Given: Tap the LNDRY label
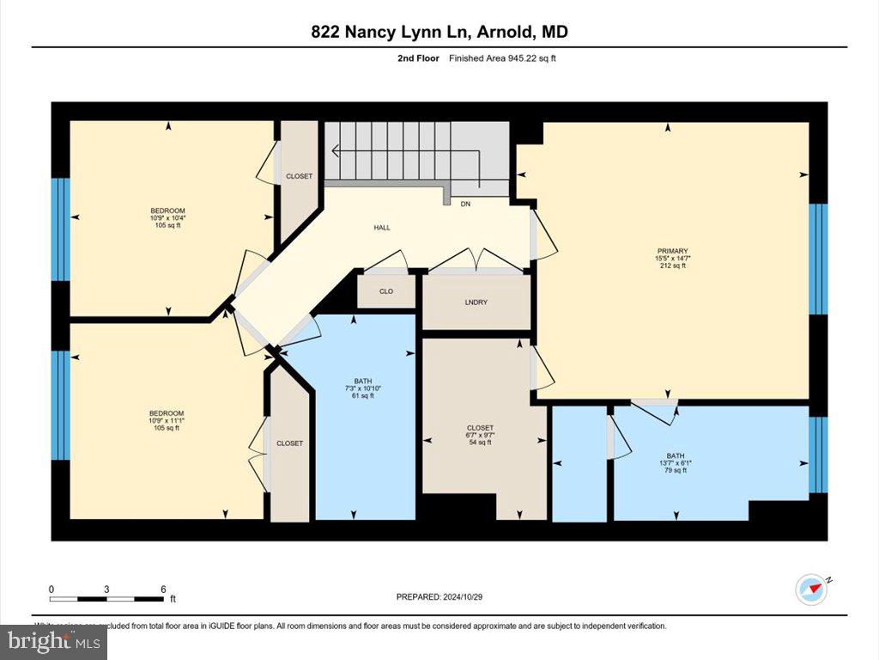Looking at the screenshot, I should click(x=476, y=302).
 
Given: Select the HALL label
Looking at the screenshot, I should click(x=382, y=228).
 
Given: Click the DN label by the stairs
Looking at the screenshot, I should click(x=465, y=205).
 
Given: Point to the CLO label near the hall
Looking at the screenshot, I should click(x=386, y=291).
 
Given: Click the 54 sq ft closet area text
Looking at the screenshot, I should click(x=480, y=443).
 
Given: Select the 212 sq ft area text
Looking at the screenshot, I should click(x=672, y=266).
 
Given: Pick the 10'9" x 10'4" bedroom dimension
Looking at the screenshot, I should click(x=167, y=218).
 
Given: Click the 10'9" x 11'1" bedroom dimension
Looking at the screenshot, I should click(x=167, y=421).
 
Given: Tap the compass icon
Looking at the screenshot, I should click(x=811, y=590).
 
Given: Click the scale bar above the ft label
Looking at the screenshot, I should click(x=106, y=598).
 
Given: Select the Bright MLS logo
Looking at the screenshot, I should click(x=54, y=641).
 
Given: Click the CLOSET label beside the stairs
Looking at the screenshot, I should click(x=299, y=176).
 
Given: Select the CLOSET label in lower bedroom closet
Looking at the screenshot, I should click(x=289, y=443).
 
